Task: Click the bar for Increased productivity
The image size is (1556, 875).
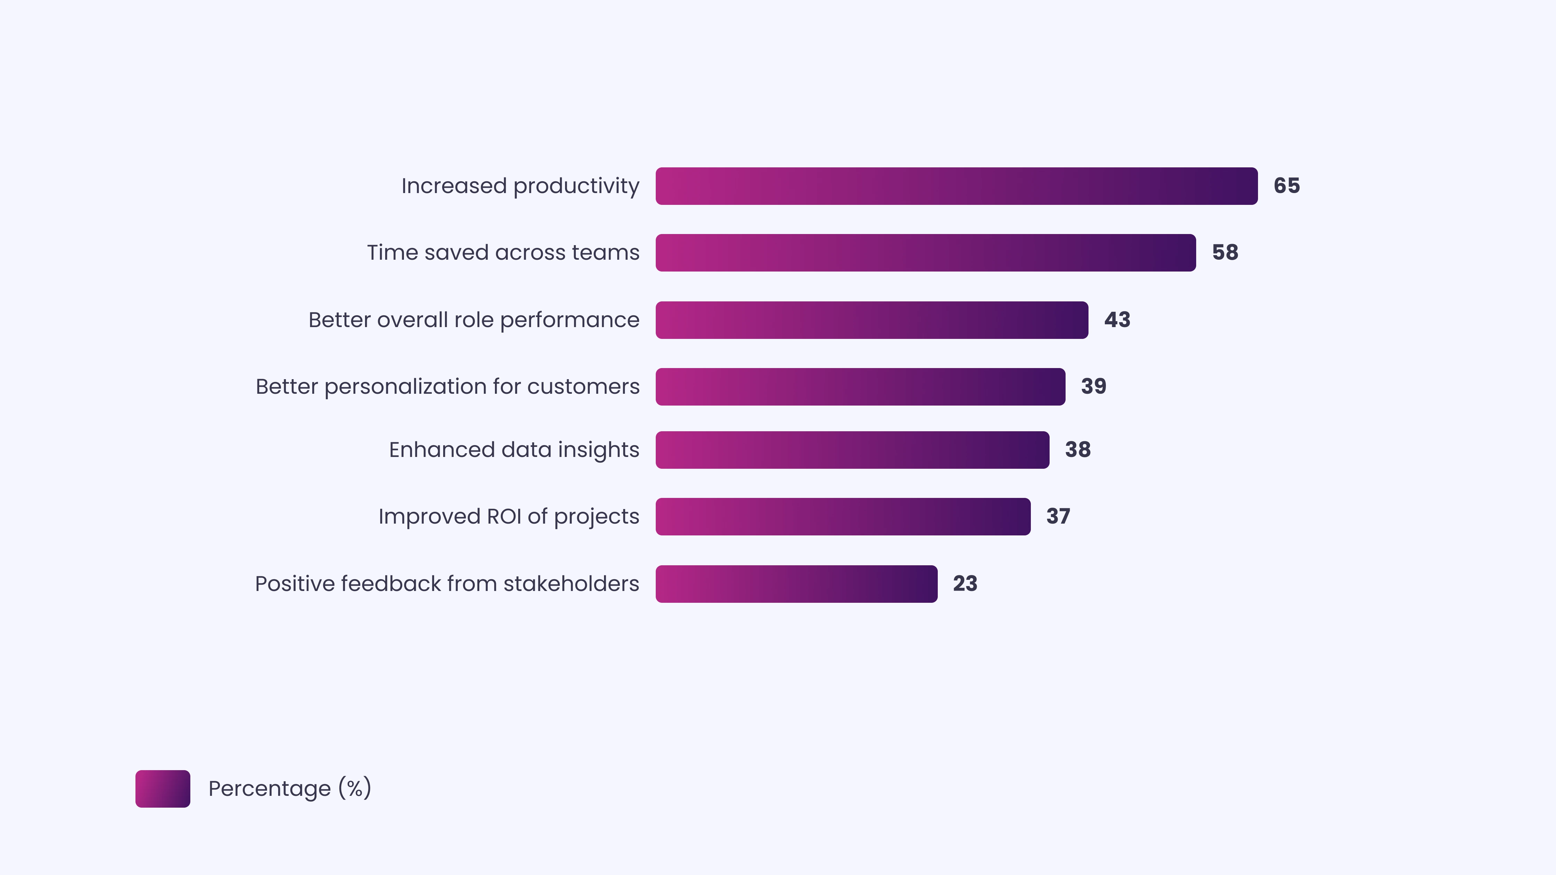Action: (956, 186)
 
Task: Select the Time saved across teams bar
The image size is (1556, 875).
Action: (925, 252)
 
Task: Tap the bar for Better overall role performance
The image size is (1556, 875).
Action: (872, 320)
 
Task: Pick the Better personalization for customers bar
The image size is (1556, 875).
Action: (860, 386)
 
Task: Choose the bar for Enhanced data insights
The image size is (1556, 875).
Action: (852, 450)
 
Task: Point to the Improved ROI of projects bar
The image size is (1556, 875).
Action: (843, 516)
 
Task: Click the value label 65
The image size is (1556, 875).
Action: (1286, 186)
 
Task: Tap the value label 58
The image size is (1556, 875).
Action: (1225, 252)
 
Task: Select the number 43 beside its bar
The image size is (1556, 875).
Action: (1117, 320)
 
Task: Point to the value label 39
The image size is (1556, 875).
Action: (1093, 386)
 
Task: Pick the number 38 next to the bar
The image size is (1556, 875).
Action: (1078, 450)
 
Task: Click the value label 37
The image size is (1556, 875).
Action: (1058, 516)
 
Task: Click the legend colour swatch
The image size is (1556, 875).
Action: (163, 789)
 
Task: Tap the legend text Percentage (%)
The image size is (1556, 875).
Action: (289, 789)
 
